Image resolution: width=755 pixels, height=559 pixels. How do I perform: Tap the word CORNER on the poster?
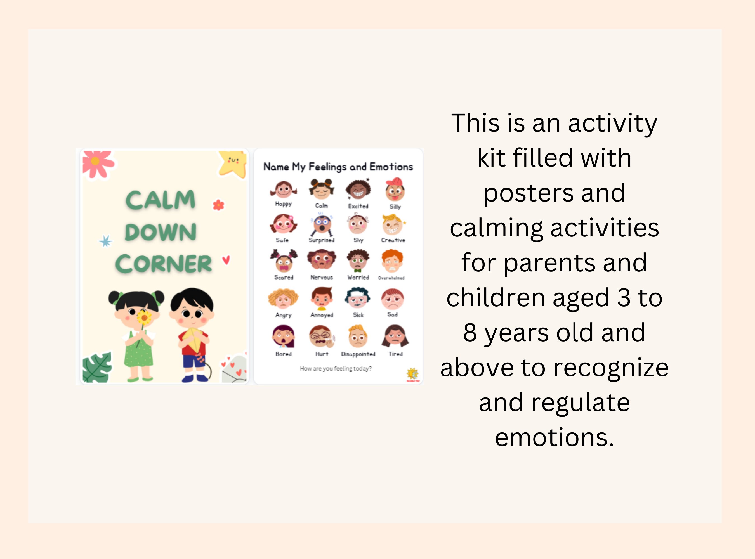tap(164, 264)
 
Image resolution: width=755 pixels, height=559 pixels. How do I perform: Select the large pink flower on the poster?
tap(97, 163)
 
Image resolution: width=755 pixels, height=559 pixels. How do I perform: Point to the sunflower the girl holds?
tap(144, 318)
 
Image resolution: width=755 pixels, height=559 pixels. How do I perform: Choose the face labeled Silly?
tap(395, 190)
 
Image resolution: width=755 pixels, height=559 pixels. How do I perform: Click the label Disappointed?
tap(358, 354)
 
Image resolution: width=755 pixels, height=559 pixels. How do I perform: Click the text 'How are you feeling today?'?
tap(336, 368)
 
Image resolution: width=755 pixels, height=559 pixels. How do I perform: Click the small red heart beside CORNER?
tap(226, 260)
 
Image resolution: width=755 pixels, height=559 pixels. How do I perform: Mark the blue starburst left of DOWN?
tap(106, 241)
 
